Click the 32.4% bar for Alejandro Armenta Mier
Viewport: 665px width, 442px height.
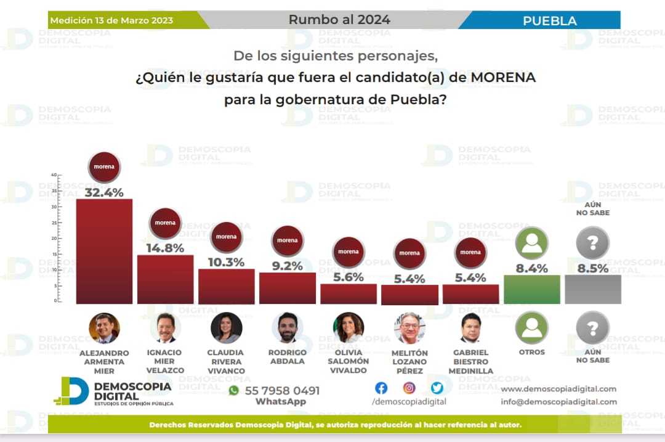point(104,251)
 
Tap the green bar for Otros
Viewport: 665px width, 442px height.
point(531,289)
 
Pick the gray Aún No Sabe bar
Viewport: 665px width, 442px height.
point(592,289)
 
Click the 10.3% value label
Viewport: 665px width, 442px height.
point(226,261)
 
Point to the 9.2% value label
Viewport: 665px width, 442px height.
point(287,266)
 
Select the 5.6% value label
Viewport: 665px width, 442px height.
point(348,277)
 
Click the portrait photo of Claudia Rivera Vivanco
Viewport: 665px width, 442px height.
point(226,328)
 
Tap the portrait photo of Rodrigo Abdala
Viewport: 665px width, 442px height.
point(287,328)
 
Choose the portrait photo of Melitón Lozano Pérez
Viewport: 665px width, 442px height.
point(409,328)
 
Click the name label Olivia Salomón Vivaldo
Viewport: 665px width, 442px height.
point(348,361)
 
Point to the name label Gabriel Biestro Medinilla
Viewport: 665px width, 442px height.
point(470,362)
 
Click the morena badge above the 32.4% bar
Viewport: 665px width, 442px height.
point(104,167)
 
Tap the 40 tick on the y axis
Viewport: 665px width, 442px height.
point(54,175)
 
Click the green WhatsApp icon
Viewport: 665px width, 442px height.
point(233,390)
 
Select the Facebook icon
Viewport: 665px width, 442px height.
point(381,388)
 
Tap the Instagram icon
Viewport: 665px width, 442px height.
point(409,388)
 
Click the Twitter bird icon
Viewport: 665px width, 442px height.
point(437,388)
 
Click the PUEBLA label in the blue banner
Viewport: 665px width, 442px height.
point(550,21)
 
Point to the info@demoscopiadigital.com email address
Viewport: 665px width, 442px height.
point(558,402)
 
